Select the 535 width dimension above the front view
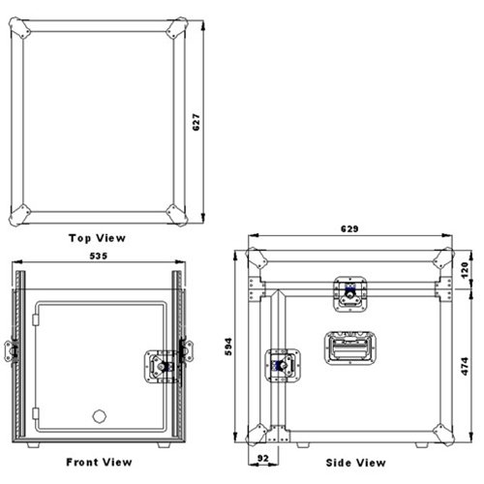pos(99,257)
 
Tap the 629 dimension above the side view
pos(350,229)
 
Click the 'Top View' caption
pos(97,236)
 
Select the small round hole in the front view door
pos(99,416)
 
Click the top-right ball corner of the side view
pos(443,259)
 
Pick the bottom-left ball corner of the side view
pos(257,432)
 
